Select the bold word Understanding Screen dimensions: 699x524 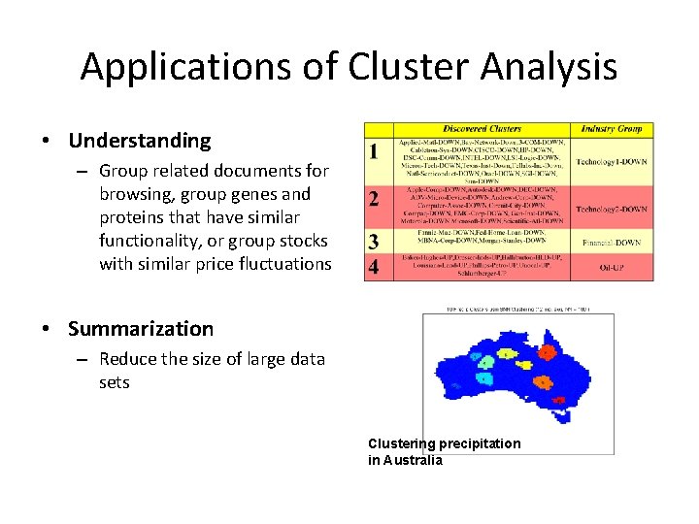pyautogui.click(x=139, y=141)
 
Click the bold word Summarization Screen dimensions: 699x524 pyautogui.click(x=140, y=329)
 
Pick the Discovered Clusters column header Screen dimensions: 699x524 pyautogui.click(x=483, y=129)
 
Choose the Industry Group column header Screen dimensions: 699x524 pyautogui.click(x=612, y=129)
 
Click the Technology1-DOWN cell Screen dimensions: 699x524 pyautogui.click(x=612, y=161)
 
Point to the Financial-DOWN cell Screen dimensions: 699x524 pyautogui.click(x=612, y=241)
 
